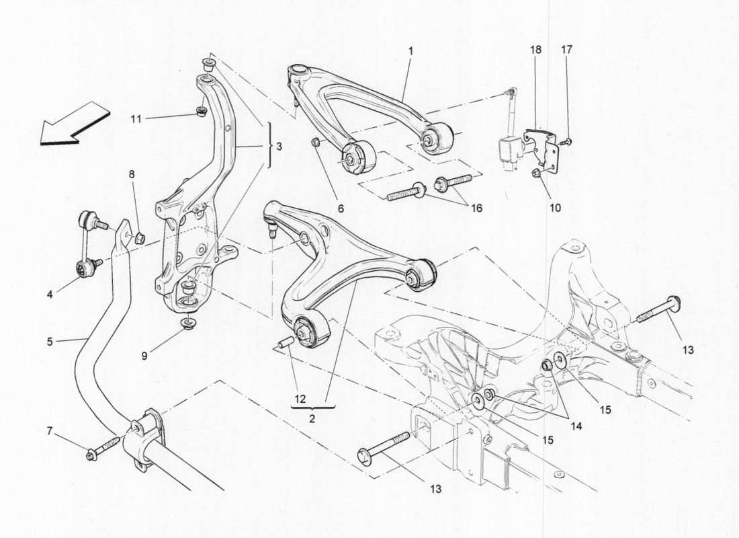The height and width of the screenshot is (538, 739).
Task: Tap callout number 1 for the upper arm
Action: (410, 50)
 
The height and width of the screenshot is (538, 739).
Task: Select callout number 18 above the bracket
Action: (536, 50)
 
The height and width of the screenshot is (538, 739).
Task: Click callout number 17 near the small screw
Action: (568, 50)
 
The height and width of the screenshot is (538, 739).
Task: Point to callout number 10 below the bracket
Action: (555, 208)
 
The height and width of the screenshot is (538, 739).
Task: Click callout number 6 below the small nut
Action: (341, 208)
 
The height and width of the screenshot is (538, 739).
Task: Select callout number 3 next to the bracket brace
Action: (279, 147)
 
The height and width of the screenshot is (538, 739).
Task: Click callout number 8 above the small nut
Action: (132, 174)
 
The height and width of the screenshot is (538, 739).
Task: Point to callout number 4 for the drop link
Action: (49, 294)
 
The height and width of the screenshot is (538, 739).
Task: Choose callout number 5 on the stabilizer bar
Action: (50, 342)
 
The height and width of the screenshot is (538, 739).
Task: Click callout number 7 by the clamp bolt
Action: (49, 430)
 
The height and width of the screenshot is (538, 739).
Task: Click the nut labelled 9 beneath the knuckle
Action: (187, 327)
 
